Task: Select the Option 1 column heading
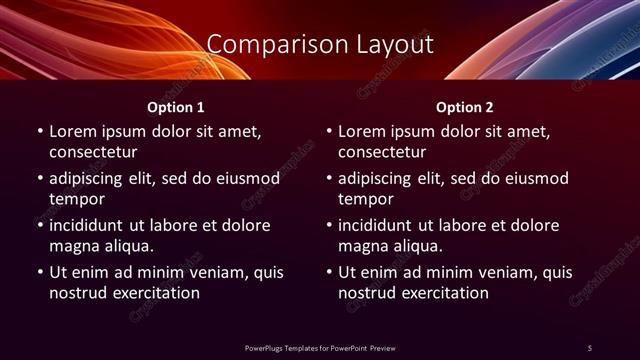pyautogui.click(x=176, y=107)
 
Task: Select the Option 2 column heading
pyautogui.click(x=465, y=107)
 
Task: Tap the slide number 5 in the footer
pyautogui.click(x=590, y=347)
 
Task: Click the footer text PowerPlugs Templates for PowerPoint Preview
pyautogui.click(x=319, y=347)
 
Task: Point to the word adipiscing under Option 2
pyautogui.click(x=379, y=178)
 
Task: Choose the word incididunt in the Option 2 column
pyautogui.click(x=380, y=225)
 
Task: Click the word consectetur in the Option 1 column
pyautogui.click(x=93, y=152)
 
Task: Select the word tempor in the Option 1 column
pyautogui.click(x=74, y=199)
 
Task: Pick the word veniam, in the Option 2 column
pyautogui.click(x=508, y=272)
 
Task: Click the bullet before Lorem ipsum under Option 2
pyautogui.click(x=328, y=132)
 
